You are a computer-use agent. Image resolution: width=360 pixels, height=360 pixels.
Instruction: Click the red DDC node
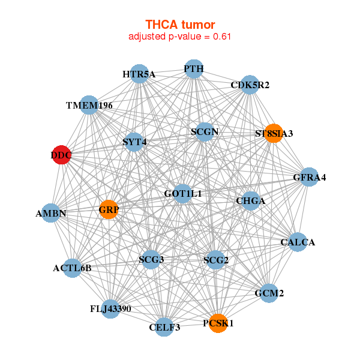point(61,155)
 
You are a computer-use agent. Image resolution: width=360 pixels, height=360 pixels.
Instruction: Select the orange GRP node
point(109,210)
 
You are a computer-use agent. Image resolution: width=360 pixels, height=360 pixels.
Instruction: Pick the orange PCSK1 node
point(218,323)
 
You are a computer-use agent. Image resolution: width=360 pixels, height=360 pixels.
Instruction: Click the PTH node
point(193,69)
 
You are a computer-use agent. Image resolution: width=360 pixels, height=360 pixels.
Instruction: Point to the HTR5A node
point(139,74)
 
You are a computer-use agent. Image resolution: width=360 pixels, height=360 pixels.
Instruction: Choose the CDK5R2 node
point(250,85)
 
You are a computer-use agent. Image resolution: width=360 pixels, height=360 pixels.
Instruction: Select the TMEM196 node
point(89,106)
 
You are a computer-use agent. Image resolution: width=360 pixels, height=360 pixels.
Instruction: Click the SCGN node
point(205,131)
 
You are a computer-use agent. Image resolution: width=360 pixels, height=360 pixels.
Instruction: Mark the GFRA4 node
point(309,177)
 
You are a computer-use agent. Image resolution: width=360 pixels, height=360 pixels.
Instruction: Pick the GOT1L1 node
point(182,194)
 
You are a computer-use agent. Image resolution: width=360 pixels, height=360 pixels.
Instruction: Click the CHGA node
point(250,200)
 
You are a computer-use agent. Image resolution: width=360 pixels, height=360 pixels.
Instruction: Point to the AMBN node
point(51,213)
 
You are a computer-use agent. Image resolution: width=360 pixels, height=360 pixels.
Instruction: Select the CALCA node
point(298,242)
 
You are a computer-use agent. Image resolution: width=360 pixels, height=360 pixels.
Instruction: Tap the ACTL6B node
point(72,268)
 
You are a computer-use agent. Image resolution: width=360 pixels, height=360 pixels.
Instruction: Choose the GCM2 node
point(269,293)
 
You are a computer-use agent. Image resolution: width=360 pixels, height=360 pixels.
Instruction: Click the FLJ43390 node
point(110,309)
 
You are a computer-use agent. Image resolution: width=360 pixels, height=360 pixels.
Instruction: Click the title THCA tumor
point(180,25)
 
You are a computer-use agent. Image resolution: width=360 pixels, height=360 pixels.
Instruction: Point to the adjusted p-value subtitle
point(180,37)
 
